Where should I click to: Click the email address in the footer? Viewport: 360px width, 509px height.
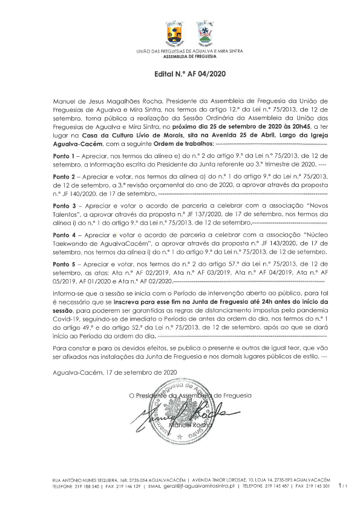(x=200, y=486)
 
